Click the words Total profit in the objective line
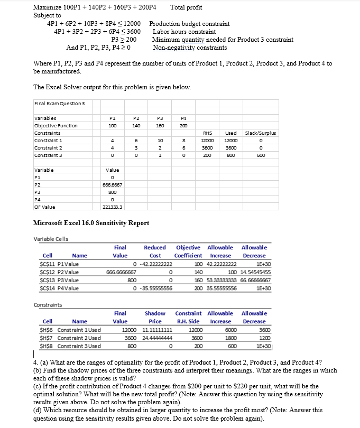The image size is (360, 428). [x=186, y=7]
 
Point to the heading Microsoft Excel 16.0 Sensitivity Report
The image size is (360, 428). [x=91, y=223]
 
